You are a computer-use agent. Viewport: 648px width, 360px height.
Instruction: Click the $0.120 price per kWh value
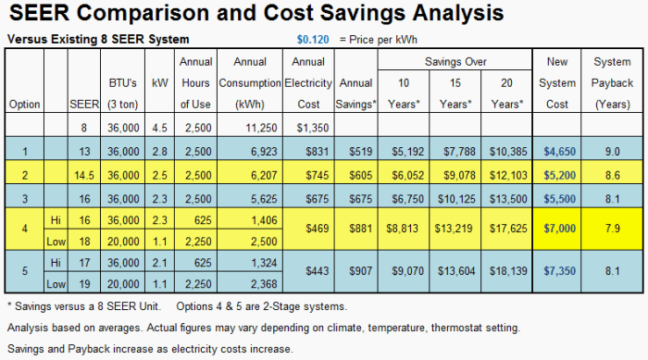pyautogui.click(x=311, y=40)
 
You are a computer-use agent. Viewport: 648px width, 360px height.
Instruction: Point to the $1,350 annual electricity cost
pyautogui.click(x=306, y=126)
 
